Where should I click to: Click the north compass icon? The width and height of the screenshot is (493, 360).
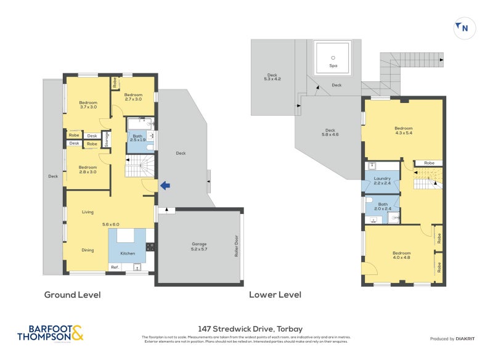click(462, 28)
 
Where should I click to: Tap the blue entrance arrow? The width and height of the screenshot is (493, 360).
click(164, 185)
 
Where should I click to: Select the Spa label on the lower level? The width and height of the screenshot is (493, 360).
click(333, 65)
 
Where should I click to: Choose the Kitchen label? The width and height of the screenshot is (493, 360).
click(128, 253)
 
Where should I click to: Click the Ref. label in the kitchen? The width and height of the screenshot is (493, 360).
click(114, 267)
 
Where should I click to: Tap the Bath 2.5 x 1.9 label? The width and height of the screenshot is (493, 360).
click(137, 138)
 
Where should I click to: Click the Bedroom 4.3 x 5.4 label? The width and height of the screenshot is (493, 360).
click(404, 131)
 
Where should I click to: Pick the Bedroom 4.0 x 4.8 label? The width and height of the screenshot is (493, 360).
click(401, 256)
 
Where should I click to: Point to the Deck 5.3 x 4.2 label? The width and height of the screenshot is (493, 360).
click(272, 76)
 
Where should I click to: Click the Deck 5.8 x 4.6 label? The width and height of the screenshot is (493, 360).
click(330, 133)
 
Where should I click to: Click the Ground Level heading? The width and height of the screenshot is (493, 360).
click(72, 295)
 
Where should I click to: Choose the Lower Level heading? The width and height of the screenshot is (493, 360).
click(275, 295)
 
